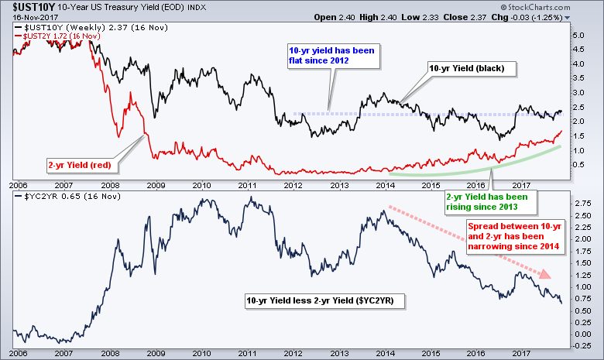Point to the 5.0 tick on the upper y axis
coord(577,36)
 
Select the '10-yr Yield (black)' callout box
coord(466,69)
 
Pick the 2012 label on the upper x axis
coord(293,186)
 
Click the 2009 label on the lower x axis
coord(156,354)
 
